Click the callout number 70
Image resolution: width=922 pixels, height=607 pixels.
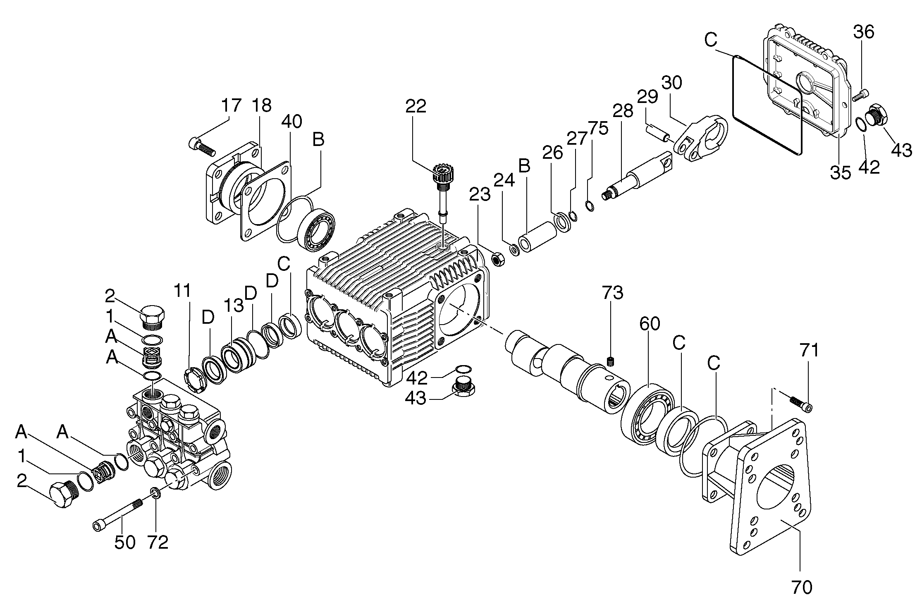[801, 587]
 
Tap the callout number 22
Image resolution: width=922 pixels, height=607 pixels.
[416, 106]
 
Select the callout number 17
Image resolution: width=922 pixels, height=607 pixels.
[231, 105]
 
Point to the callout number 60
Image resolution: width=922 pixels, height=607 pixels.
[650, 324]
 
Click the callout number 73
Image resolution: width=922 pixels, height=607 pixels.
[613, 293]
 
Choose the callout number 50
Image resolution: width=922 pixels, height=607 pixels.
[125, 542]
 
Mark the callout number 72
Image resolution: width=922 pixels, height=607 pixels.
[158, 542]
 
